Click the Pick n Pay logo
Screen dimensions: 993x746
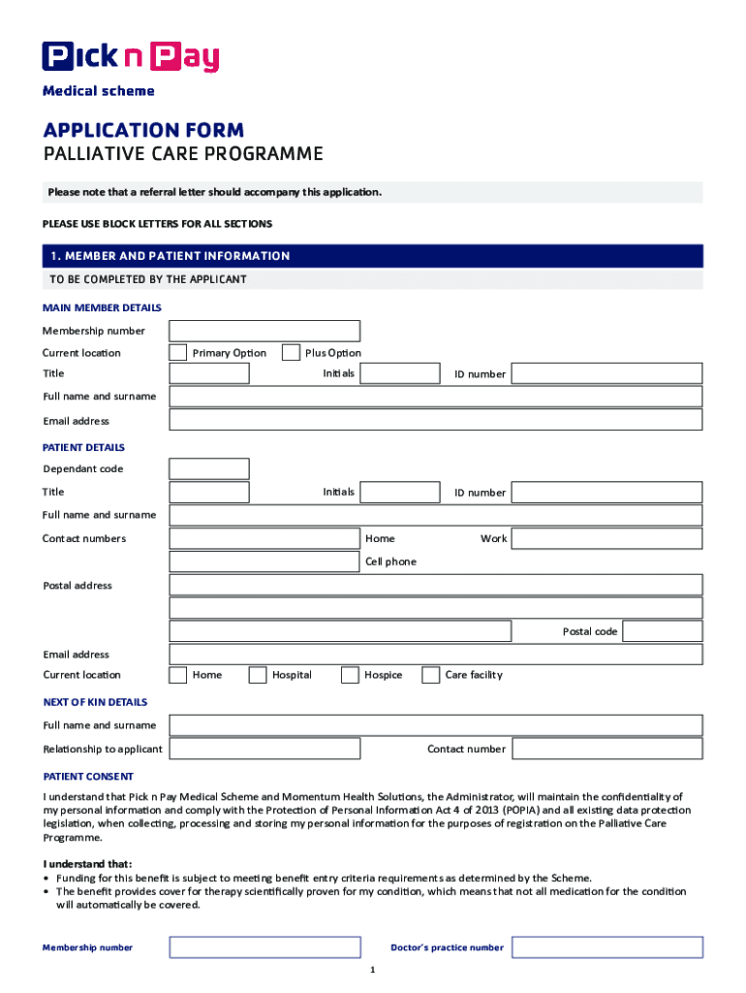(130, 57)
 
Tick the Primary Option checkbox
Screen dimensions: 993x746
(178, 352)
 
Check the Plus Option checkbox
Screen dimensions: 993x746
(291, 352)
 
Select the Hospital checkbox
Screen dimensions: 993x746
(258, 675)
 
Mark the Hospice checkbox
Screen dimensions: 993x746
(350, 675)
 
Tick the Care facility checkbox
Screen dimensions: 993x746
(431, 675)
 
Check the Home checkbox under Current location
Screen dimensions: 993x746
(178, 675)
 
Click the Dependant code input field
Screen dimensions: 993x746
(209, 469)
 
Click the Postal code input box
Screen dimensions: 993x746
(663, 631)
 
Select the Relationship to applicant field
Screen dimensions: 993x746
(264, 749)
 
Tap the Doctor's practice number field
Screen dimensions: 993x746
(606, 947)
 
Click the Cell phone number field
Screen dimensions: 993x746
(264, 561)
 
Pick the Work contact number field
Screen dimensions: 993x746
(606, 538)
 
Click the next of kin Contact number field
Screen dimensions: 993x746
(606, 749)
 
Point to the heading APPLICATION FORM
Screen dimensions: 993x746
(143, 130)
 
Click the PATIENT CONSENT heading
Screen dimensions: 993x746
(88, 777)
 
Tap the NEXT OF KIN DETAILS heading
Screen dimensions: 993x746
(95, 702)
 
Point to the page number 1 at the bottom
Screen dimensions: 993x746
(372, 971)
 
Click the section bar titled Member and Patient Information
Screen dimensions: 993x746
(373, 256)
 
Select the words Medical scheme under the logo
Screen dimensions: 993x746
(98, 92)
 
